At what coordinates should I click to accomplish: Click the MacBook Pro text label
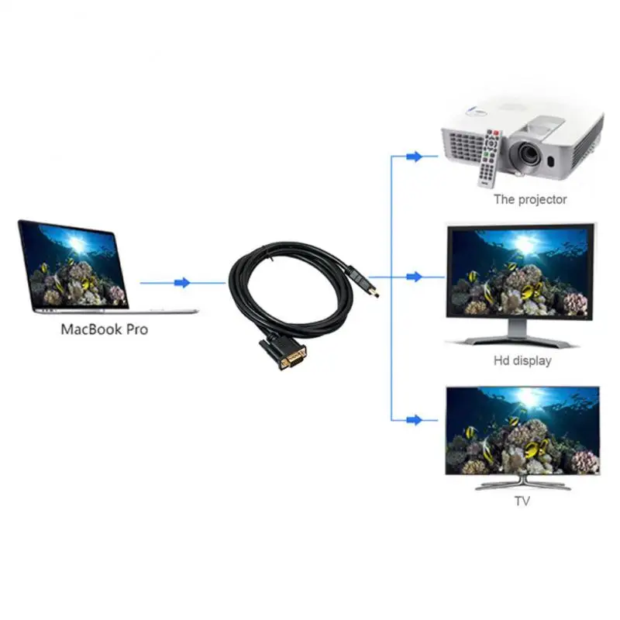tap(105, 329)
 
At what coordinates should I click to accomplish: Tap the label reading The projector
tap(530, 199)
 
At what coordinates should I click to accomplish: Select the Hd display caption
tap(522, 360)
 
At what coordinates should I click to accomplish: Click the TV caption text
tap(522, 501)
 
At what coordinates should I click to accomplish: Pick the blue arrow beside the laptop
tap(182, 283)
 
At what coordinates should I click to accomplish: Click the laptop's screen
tap(73, 263)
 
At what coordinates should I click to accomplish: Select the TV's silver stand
tap(522, 484)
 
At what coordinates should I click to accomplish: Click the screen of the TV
tap(522, 430)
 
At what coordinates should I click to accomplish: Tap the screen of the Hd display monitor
tap(520, 271)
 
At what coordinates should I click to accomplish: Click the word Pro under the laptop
tap(134, 329)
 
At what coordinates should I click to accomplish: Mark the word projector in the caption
tap(542, 200)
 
